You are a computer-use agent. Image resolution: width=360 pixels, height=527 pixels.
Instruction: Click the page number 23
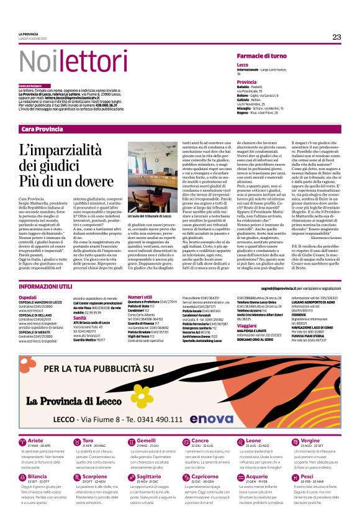click(336, 37)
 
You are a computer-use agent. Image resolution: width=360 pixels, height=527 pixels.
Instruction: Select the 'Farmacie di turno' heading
click(261, 56)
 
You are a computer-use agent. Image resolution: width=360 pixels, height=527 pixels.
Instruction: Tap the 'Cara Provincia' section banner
click(42, 128)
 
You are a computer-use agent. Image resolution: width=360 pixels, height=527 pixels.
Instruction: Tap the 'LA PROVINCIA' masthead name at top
click(29, 34)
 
